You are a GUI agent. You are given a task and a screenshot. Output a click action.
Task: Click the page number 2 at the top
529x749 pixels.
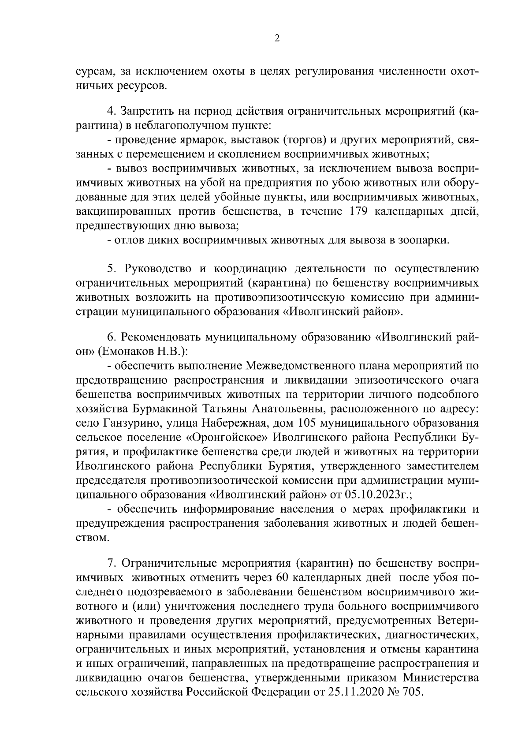(x=277, y=38)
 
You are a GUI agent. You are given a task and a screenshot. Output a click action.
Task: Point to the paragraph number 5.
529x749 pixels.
(x=111, y=269)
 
